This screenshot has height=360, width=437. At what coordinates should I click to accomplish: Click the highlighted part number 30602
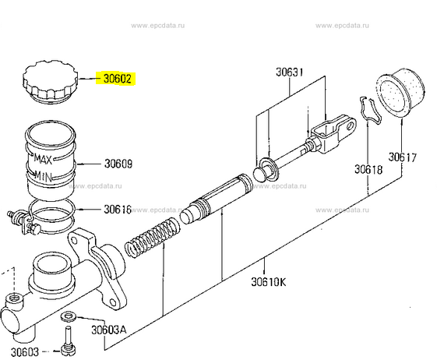click(x=118, y=79)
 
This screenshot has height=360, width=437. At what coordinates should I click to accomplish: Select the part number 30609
click(x=118, y=164)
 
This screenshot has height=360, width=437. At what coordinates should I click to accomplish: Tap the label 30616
click(x=118, y=209)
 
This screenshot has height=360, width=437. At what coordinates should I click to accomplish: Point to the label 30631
click(x=290, y=72)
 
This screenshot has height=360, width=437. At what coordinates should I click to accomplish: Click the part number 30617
click(x=403, y=157)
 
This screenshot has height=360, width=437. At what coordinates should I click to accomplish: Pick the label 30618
click(x=368, y=169)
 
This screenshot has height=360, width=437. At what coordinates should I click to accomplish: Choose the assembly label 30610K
click(x=269, y=281)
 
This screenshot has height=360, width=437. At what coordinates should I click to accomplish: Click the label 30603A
click(x=109, y=330)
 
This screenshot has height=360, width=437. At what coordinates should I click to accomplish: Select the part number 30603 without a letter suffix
click(x=25, y=352)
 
